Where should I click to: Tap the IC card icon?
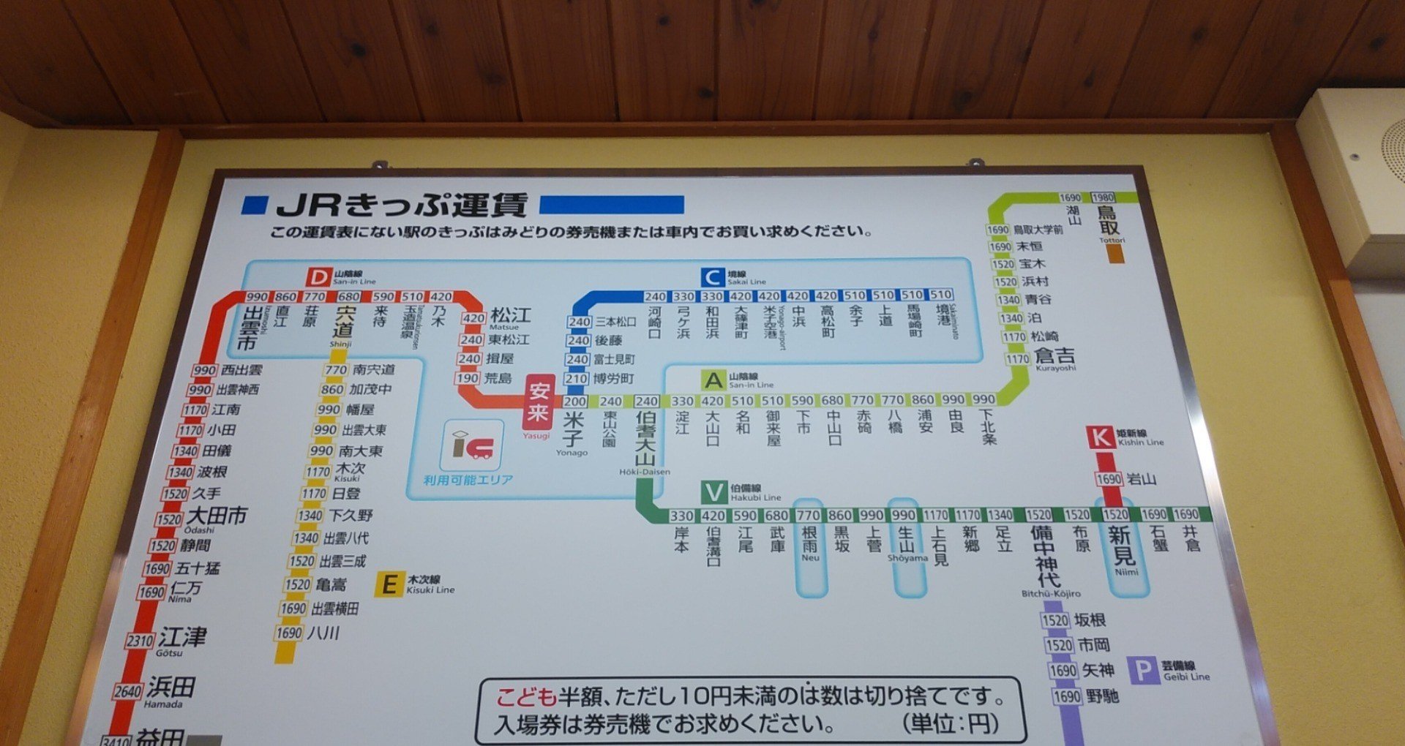coord(472,444)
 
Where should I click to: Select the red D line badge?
coord(318,278)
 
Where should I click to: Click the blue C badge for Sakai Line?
coord(712,277)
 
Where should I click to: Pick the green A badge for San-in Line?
coord(713,380)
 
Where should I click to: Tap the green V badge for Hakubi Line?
coord(713,492)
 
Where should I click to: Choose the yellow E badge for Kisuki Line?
coord(389,584)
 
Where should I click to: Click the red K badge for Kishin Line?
coord(1101,437)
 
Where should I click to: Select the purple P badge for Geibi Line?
coord(1143,670)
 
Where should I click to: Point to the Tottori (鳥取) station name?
coord(1108,219)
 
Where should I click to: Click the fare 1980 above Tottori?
coord(1103,197)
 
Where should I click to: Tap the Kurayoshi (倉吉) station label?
coord(1054,355)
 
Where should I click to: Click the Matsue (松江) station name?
coord(511,315)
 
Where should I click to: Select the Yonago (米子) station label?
coord(573,429)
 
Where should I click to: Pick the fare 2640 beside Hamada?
coord(127,691)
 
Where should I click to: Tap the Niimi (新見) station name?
coord(1122,546)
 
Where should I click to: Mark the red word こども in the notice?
coord(526,696)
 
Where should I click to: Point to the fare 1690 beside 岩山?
coord(1109,479)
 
